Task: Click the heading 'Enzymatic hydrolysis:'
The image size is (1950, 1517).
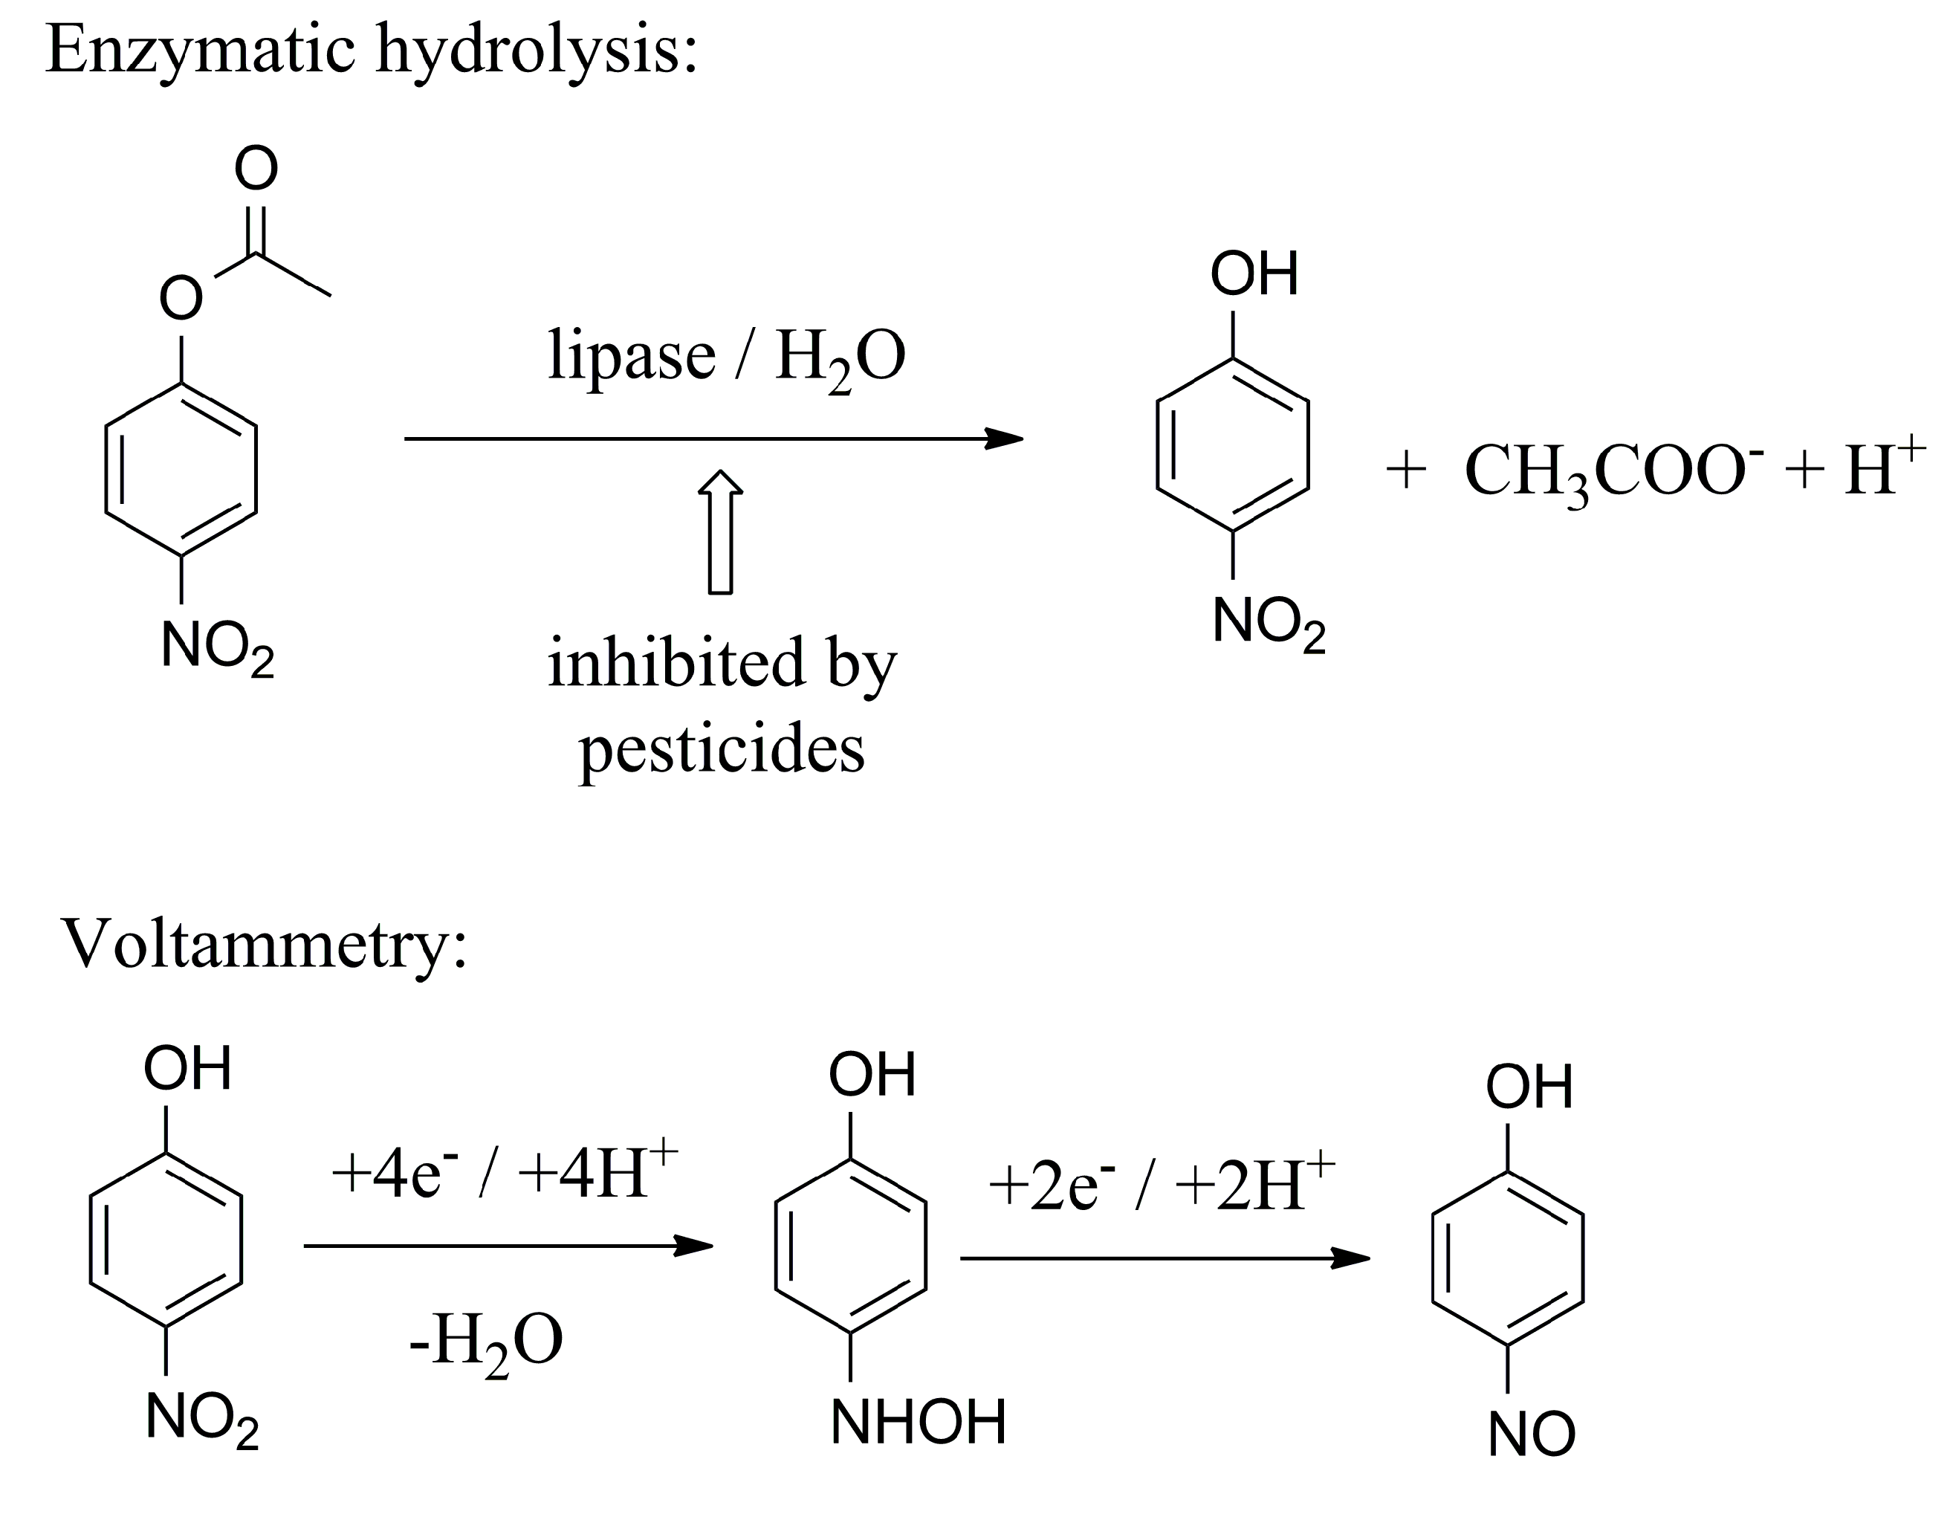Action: [371, 51]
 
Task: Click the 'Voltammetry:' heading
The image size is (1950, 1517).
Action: [265, 945]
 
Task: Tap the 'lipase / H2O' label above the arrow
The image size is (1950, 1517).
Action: [726, 358]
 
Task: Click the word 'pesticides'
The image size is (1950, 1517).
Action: [722, 750]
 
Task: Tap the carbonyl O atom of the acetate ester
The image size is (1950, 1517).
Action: [256, 168]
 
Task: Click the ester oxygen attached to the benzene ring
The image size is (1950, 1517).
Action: [181, 298]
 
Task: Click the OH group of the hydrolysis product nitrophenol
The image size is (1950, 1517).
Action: [1254, 274]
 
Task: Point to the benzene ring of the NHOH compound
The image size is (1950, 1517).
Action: [850, 1246]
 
